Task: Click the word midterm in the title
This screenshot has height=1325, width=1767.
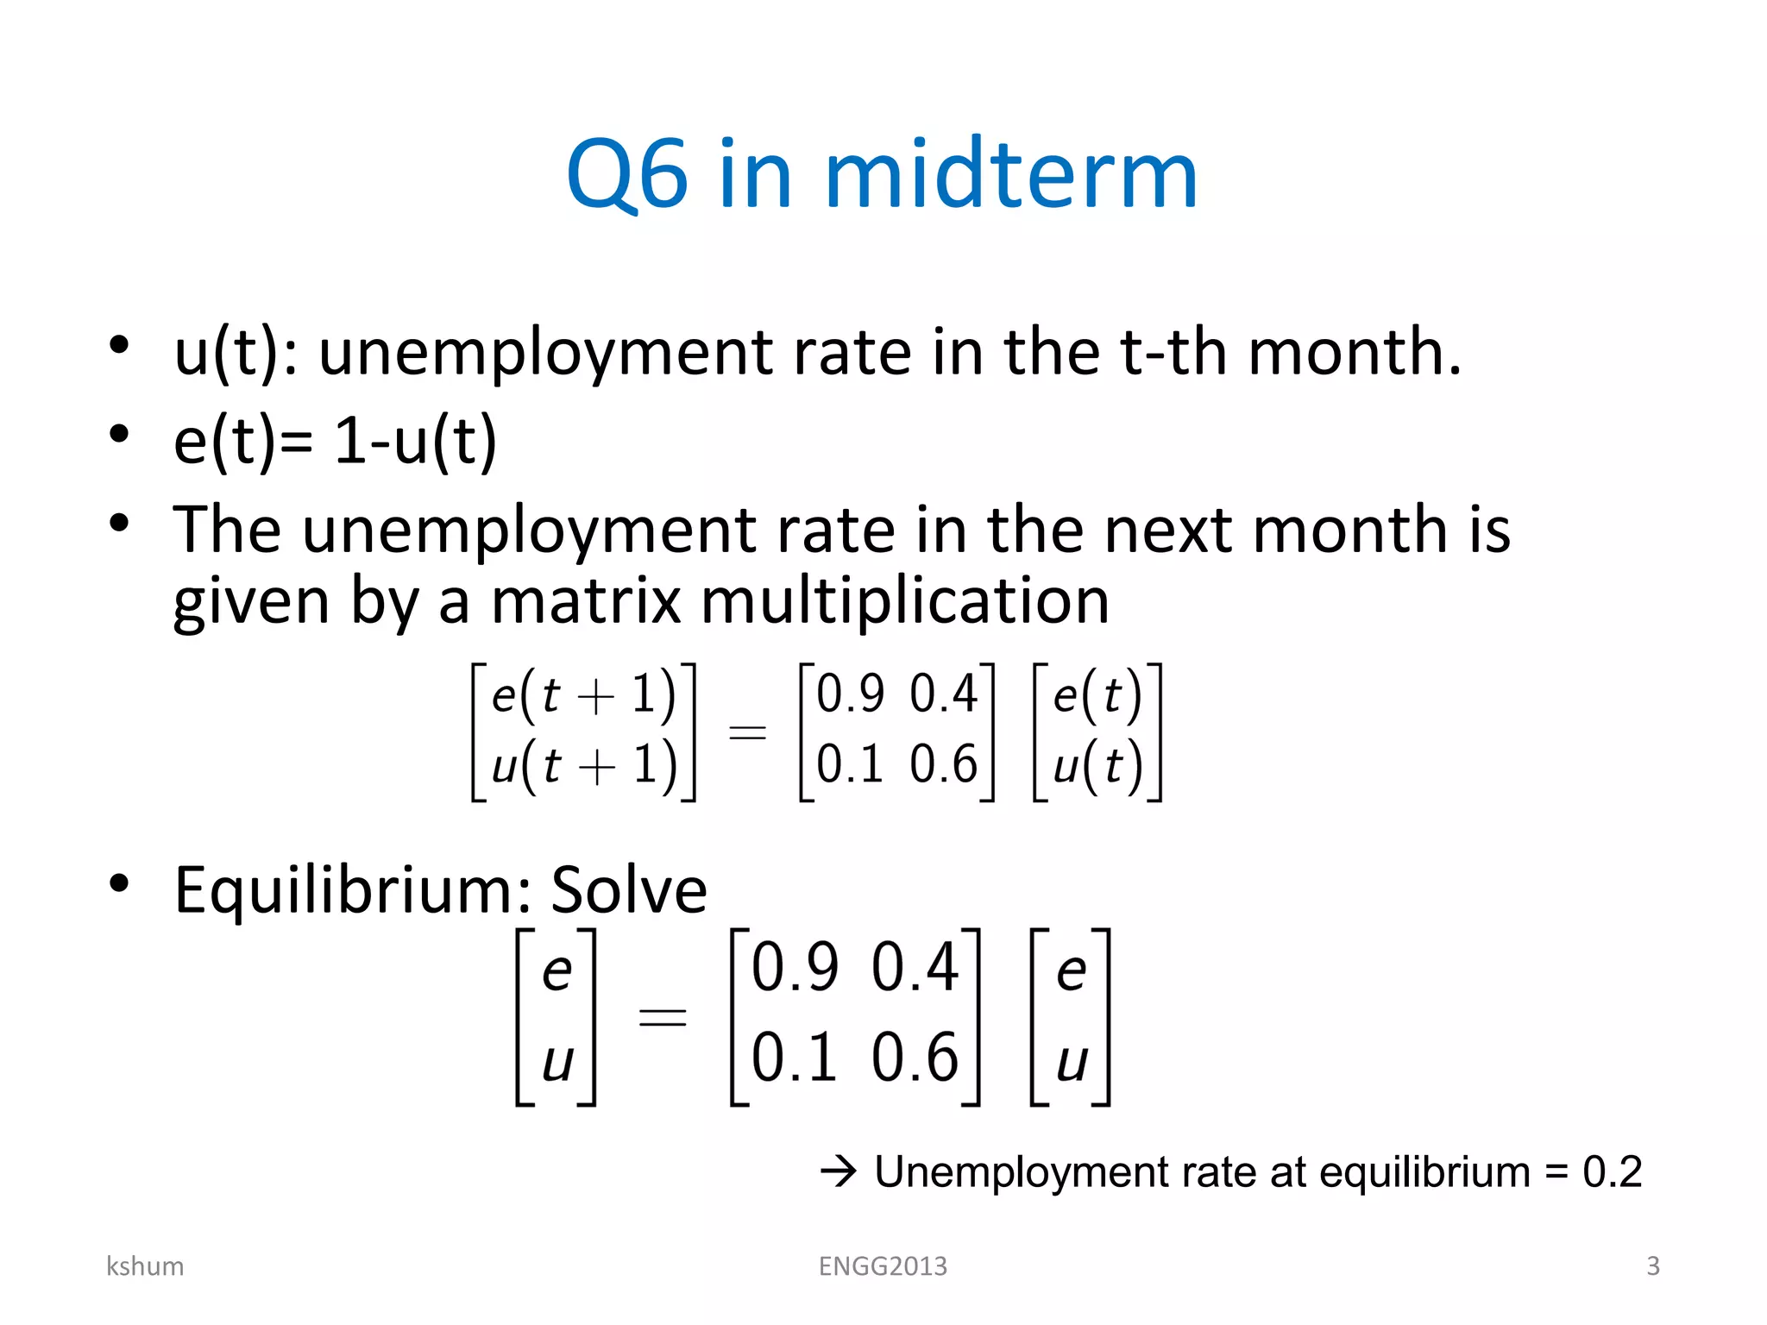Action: tap(1011, 175)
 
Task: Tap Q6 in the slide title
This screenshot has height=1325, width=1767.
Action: tap(627, 175)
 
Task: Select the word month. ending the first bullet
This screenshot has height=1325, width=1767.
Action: tap(1355, 354)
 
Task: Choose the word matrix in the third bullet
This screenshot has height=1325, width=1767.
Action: tap(587, 601)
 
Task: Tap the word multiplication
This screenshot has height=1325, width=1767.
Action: tap(905, 601)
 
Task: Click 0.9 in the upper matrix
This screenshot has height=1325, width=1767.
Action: tap(851, 694)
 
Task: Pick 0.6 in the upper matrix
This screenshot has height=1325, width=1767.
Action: tap(944, 764)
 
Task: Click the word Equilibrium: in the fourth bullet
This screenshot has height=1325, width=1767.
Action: tap(353, 890)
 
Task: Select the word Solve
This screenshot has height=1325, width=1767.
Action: tap(629, 890)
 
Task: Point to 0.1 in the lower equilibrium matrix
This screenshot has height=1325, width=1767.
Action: tap(795, 1058)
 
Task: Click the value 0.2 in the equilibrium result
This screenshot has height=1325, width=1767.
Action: tap(1612, 1172)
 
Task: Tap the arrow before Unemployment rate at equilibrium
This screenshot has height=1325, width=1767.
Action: tap(838, 1172)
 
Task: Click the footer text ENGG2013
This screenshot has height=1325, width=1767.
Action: tap(883, 1266)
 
